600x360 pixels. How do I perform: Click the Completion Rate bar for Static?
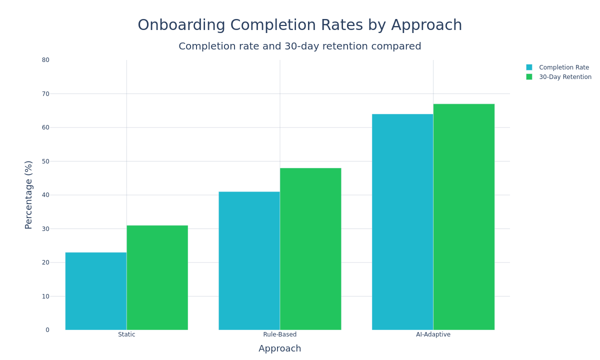[95, 291]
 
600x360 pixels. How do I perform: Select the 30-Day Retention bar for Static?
[157, 277]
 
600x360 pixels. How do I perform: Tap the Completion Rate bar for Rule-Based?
[249, 260]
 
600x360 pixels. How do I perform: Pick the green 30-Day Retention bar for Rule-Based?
[310, 248]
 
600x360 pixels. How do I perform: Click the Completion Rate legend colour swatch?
[529, 67]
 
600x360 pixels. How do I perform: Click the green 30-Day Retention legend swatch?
[529, 77]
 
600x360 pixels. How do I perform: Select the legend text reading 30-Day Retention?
[565, 77]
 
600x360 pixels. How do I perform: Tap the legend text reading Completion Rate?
[563, 67]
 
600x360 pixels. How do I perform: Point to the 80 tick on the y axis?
[45, 60]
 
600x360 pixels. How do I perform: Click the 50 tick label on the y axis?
[45, 161]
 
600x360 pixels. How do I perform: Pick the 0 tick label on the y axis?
[47, 330]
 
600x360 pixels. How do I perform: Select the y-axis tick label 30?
[45, 229]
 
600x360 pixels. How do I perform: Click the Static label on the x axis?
[126, 334]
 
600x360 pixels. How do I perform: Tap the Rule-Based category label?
[279, 334]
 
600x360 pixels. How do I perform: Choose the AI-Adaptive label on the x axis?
[433, 334]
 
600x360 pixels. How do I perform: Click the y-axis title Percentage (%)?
[28, 195]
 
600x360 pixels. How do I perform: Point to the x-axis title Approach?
[279, 348]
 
